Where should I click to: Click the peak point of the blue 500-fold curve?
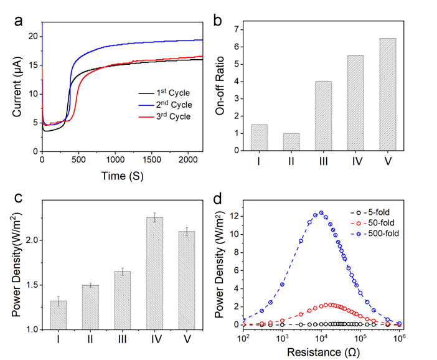coord(321,212)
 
